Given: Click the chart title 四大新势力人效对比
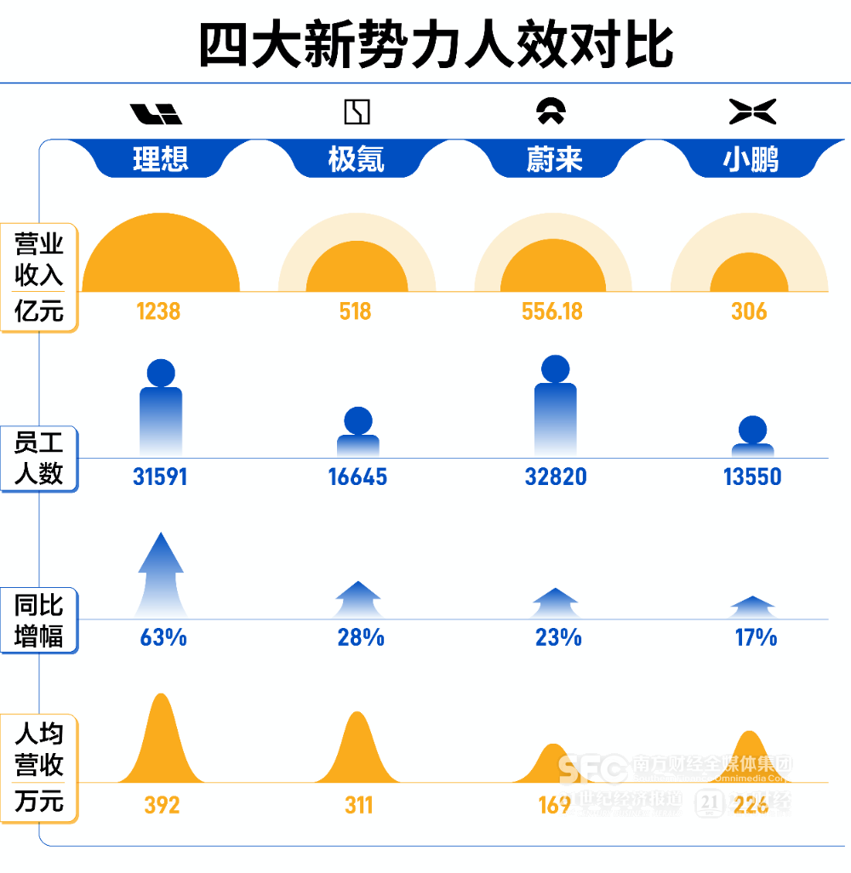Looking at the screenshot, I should point(435,45).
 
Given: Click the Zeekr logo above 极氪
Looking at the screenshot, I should point(357,112).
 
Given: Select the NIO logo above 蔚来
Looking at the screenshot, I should point(554,111).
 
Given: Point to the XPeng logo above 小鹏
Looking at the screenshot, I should point(752,111).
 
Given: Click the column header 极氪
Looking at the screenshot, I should point(357,158).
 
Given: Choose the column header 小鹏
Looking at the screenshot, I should point(752,158).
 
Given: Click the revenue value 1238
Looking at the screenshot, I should point(159,311).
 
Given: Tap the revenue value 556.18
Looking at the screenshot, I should point(552,311).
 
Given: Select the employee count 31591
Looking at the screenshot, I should point(160,476).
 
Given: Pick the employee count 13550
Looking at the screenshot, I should point(752,476).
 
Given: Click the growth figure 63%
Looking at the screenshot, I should point(163,636).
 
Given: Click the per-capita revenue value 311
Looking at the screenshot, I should point(358,804).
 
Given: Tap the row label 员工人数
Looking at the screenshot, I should point(39,458).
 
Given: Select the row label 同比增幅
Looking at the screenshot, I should point(39,620).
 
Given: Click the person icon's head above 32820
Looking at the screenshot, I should point(555,368).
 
